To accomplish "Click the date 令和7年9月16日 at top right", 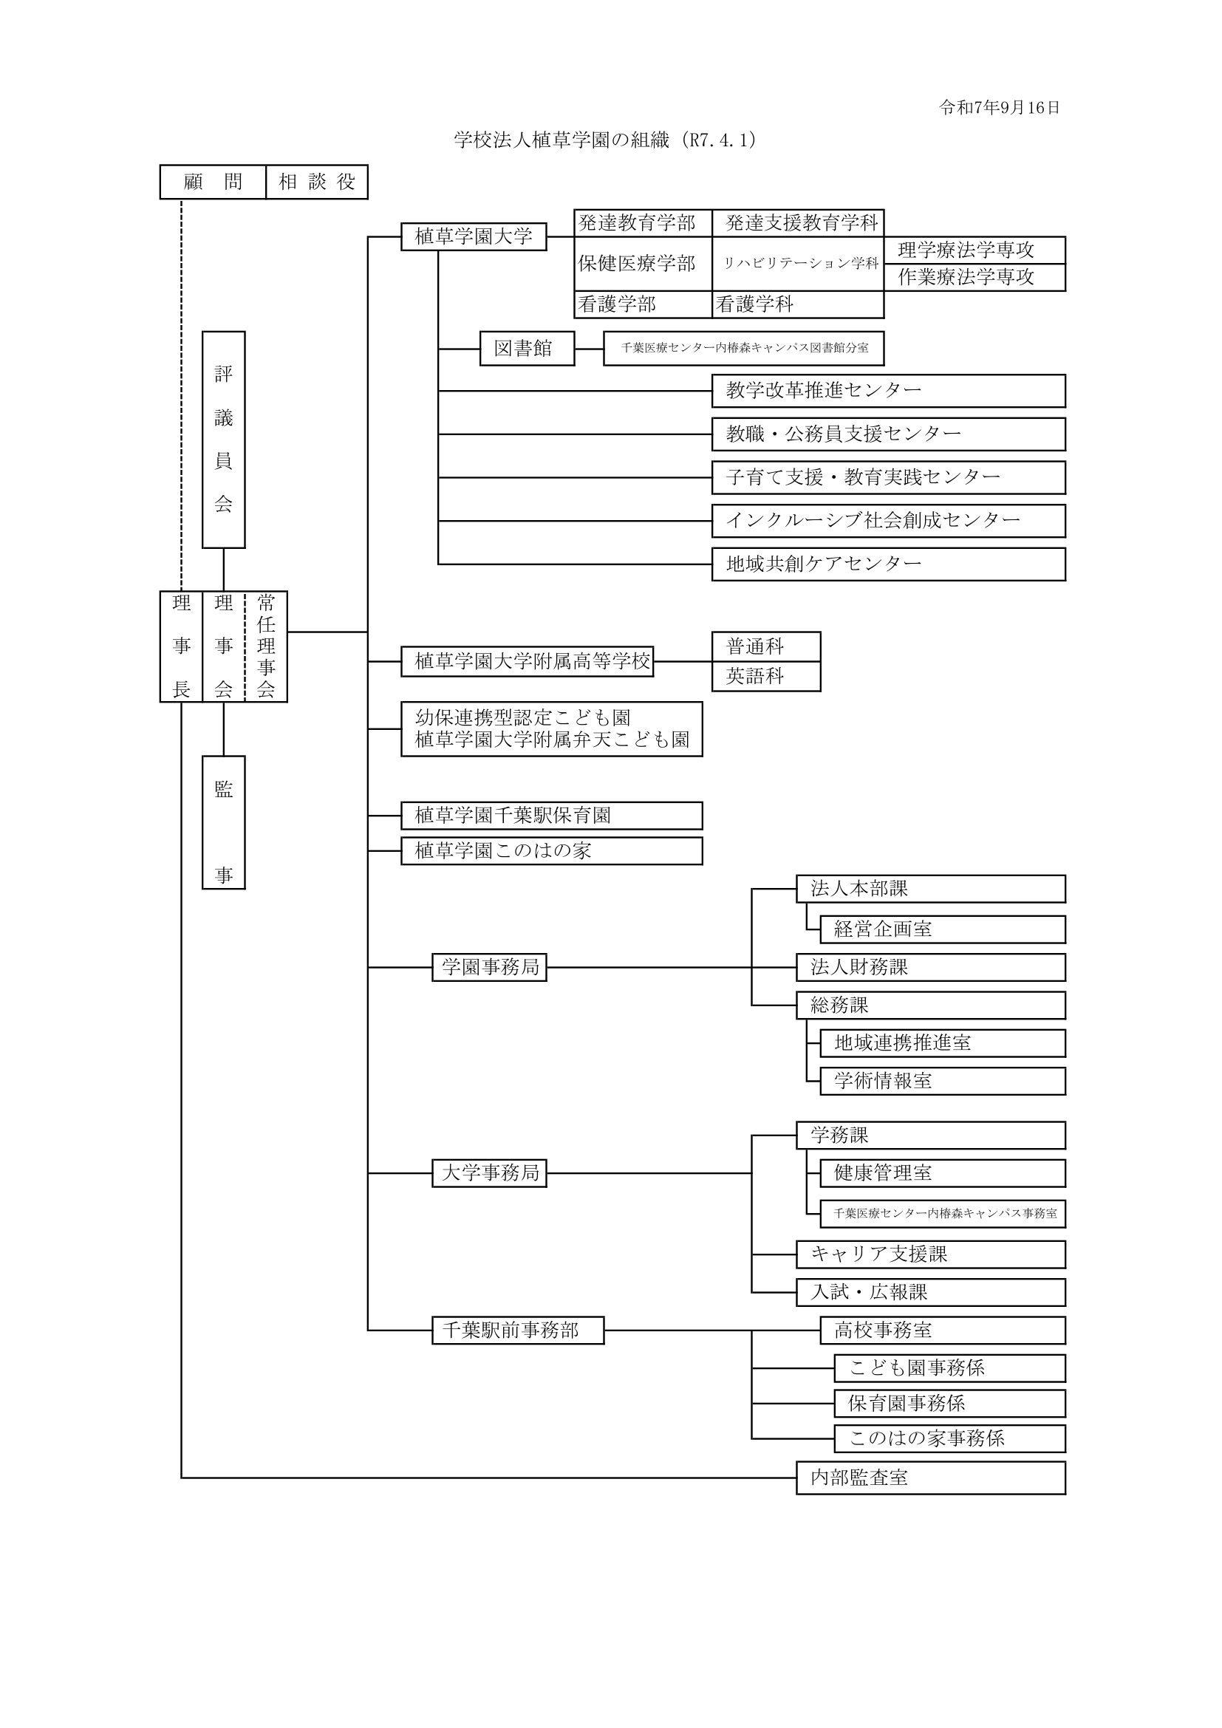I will tap(999, 108).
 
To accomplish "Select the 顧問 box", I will tap(213, 182).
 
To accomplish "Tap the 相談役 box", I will tap(317, 182).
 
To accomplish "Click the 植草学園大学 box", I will tap(474, 237).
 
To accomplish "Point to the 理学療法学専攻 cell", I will tap(974, 250).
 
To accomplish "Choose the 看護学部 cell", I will tap(643, 304).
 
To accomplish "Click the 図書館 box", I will tap(527, 349).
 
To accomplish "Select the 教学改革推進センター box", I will tap(888, 391).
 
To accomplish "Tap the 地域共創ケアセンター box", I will tap(888, 564).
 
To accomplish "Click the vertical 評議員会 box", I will tap(223, 440).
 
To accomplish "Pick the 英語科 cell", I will tap(765, 676).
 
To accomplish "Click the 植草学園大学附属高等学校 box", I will tap(527, 661).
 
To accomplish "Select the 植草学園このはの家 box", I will tap(552, 850).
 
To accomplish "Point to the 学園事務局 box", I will tap(489, 967).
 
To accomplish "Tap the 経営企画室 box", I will tap(942, 929).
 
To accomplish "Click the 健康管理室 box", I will tap(942, 1172).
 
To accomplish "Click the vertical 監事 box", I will tap(223, 822).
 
